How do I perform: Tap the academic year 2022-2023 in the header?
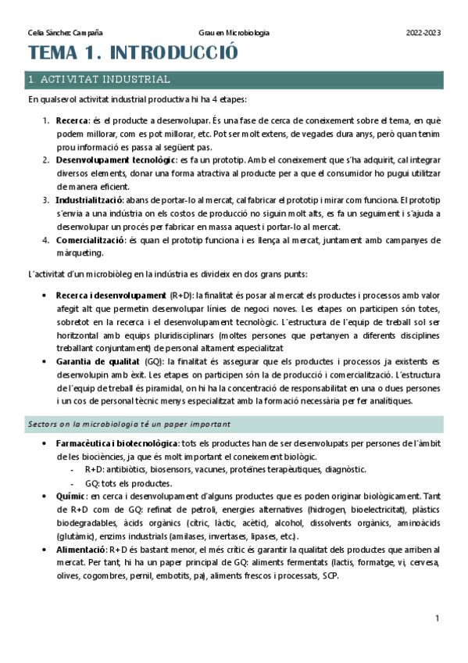coord(423,33)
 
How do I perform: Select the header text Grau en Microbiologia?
coord(234,33)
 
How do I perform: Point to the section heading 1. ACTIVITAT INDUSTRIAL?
coord(98,80)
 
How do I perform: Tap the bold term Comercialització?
coord(90,239)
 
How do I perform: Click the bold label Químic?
coord(70,496)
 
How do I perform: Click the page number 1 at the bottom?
coord(438,618)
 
